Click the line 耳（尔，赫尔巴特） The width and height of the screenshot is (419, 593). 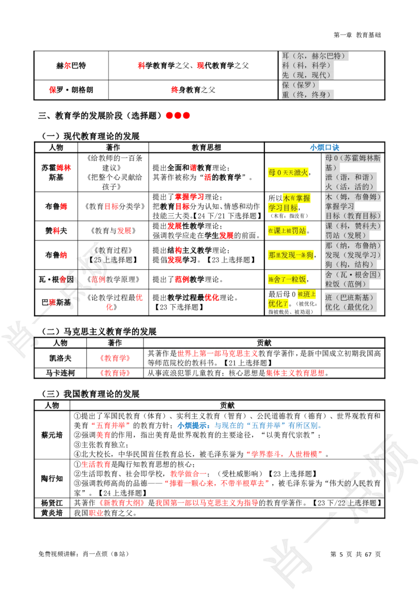pyautogui.click(x=316, y=56)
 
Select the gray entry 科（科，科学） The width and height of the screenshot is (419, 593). pyautogui.click(x=307, y=65)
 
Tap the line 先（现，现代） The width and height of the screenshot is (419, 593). pyautogui.click(x=307, y=75)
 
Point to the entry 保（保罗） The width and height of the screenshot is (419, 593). pyautogui.click(x=299, y=85)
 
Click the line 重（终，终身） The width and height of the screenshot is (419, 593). pyautogui.click(x=307, y=94)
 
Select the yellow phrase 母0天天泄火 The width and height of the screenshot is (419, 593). pyautogui.click(x=288, y=172)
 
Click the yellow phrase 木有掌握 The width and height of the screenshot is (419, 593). pyautogui.click(x=296, y=198)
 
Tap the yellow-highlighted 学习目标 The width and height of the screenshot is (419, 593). pyautogui.click(x=283, y=207)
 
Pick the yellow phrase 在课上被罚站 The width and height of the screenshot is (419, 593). pyautogui.click(x=287, y=230)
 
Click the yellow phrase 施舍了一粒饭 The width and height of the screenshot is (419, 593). pyautogui.click(x=287, y=279)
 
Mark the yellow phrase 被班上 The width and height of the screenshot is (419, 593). pyautogui.click(x=307, y=294)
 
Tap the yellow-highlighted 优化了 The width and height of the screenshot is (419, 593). pyautogui.click(x=278, y=304)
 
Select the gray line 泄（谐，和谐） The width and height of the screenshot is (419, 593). pyautogui.click(x=349, y=177)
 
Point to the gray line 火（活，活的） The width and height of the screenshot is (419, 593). pyautogui.click(x=349, y=186)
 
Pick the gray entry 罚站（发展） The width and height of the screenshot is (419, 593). pyautogui.click(x=346, y=235)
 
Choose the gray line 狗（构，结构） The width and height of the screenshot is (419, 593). pyautogui.click(x=349, y=265)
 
